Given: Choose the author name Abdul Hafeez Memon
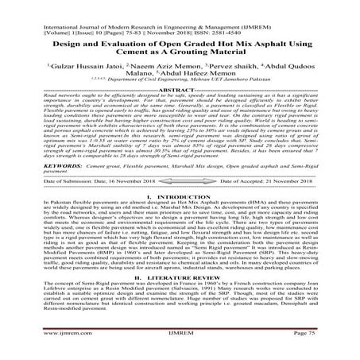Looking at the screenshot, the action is coord(199,80).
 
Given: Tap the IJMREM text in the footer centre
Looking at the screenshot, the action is coord(180,348).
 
